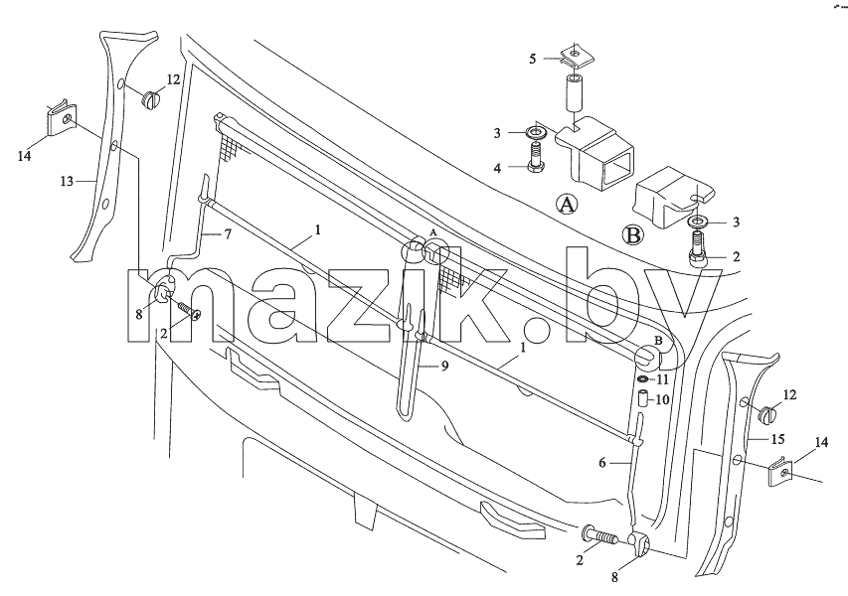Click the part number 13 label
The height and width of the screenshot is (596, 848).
pyautogui.click(x=67, y=182)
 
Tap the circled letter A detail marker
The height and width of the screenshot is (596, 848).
pyautogui.click(x=567, y=205)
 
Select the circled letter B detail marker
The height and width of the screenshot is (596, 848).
pyautogui.click(x=632, y=235)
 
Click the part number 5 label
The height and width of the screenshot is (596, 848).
pyautogui.click(x=532, y=59)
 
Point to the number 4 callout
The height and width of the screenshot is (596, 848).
pyautogui.click(x=497, y=168)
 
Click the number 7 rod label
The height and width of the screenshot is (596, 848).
pyautogui.click(x=228, y=235)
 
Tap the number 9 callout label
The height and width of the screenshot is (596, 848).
pyautogui.click(x=444, y=366)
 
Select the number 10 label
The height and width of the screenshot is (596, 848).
pyautogui.click(x=662, y=400)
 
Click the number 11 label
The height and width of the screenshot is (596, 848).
pyautogui.click(x=663, y=379)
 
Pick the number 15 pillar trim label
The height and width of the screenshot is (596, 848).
pyautogui.click(x=777, y=439)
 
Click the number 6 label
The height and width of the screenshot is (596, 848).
pyautogui.click(x=602, y=463)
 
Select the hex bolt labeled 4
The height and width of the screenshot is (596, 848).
pyautogui.click(x=536, y=156)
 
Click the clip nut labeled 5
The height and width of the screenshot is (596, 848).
pyautogui.click(x=575, y=57)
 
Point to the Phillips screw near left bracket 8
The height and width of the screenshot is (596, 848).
pyautogui.click(x=188, y=310)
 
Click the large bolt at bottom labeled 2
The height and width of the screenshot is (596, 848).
pyautogui.click(x=600, y=535)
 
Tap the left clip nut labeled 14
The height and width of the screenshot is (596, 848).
pyautogui.click(x=61, y=119)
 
